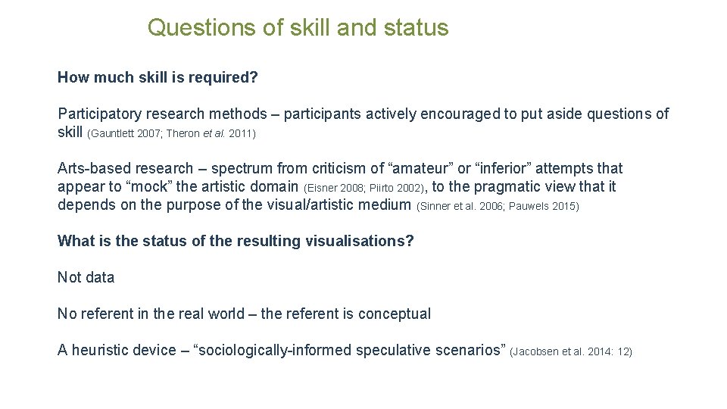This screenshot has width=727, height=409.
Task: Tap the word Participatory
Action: [99, 114]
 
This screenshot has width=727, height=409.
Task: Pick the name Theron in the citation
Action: [183, 134]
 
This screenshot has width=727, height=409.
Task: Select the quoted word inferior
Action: [504, 168]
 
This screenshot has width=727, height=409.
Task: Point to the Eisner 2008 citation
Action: [335, 188]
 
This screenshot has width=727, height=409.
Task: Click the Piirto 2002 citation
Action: [397, 188]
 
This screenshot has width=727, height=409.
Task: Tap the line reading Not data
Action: [86, 277]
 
